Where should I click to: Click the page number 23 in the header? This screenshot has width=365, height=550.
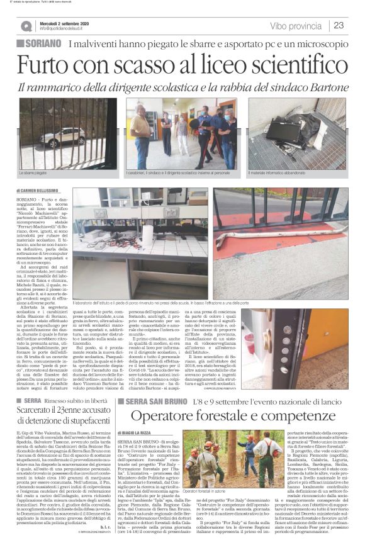(x=338, y=26)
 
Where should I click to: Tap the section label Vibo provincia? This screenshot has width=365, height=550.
(x=295, y=26)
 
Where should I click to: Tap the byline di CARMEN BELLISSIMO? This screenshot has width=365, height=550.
(x=42, y=189)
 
